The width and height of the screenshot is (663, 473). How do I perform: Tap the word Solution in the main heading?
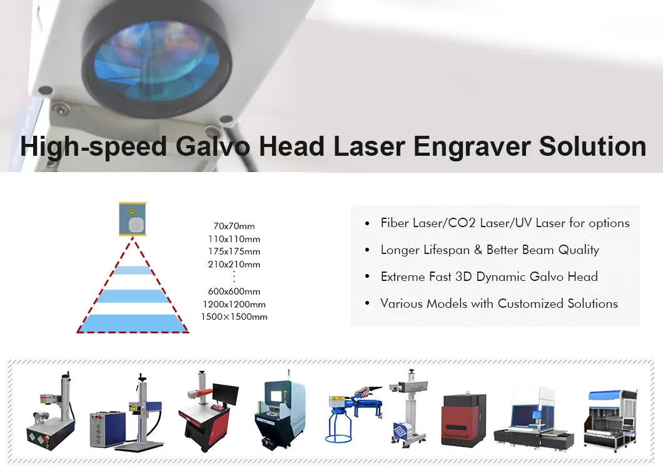pyautogui.click(x=592, y=146)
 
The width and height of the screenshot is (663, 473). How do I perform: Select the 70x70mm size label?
pyautogui.click(x=234, y=226)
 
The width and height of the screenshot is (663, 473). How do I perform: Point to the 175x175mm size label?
pyautogui.click(x=234, y=252)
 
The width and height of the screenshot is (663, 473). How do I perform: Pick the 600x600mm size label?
pyautogui.click(x=234, y=291)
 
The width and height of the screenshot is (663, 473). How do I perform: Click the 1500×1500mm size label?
pyautogui.click(x=234, y=317)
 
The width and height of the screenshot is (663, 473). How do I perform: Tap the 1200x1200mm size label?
pyautogui.click(x=234, y=304)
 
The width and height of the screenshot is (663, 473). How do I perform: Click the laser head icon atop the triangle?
pyautogui.click(x=132, y=220)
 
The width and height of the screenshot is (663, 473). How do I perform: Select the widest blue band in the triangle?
pyautogui.click(x=132, y=323)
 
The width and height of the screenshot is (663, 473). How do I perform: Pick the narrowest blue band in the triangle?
pyautogui.click(x=132, y=270)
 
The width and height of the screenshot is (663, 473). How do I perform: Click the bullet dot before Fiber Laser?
pyautogui.click(x=367, y=224)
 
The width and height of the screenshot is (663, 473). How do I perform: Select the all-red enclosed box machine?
pyautogui.click(x=463, y=419)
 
